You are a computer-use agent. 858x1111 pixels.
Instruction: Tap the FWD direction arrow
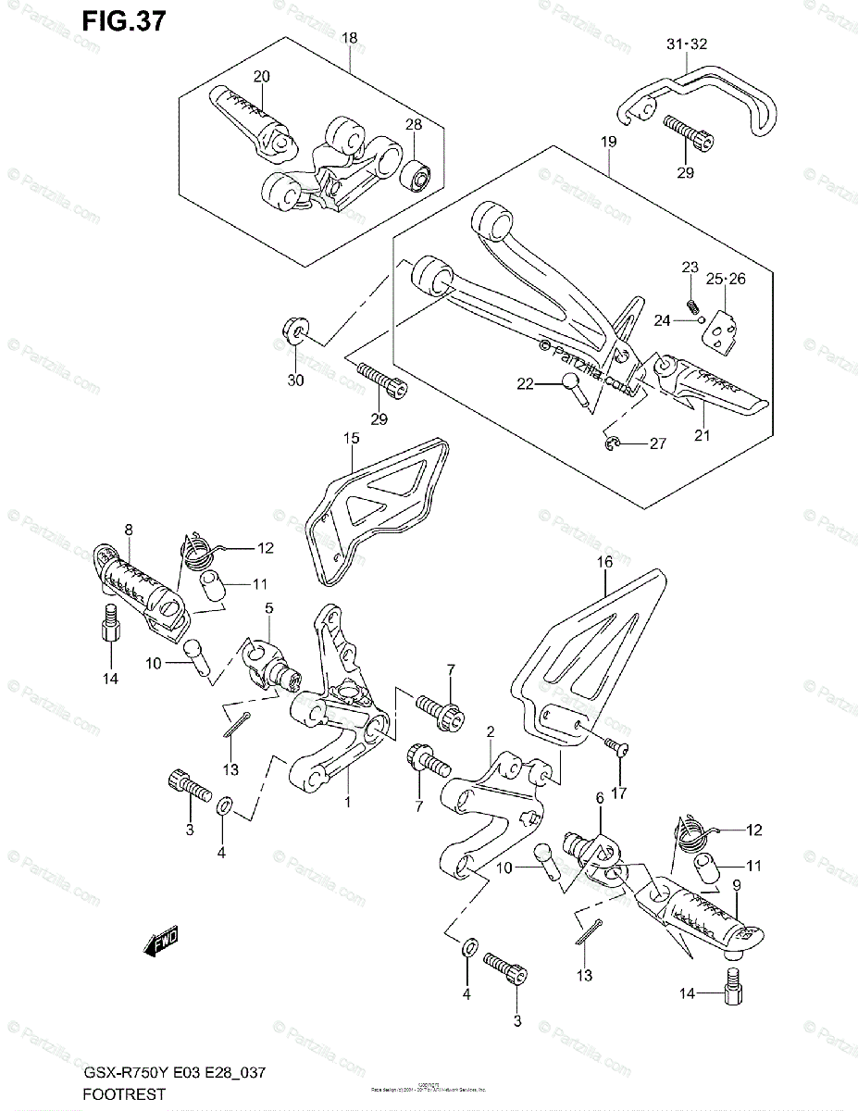[161, 943]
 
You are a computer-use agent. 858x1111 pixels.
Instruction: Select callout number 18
[351, 38]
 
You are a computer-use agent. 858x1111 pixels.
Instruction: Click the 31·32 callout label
[686, 44]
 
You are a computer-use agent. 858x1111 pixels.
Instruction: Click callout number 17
[618, 793]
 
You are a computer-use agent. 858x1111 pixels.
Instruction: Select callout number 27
[657, 444]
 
